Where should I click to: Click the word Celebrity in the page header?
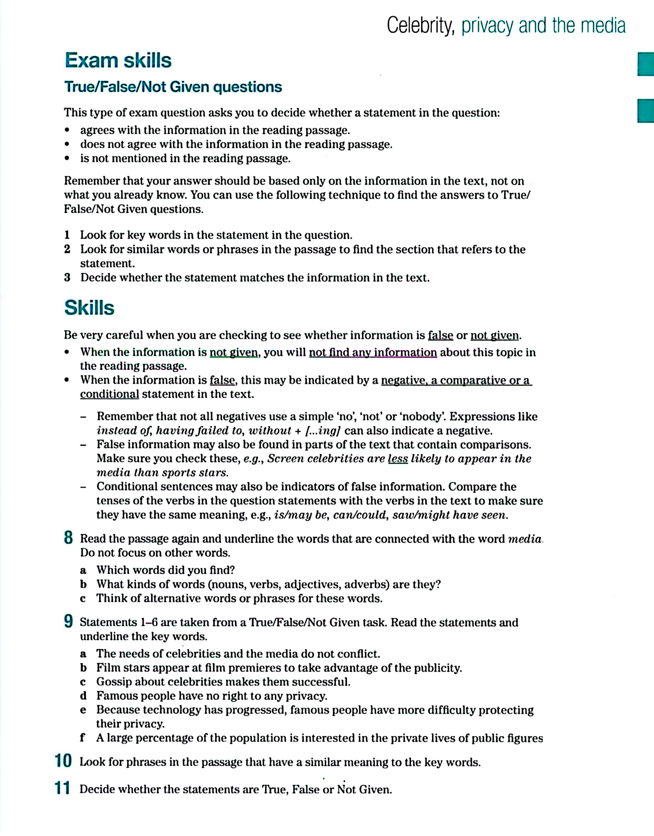pos(420,26)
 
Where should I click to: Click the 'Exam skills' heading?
pos(118,60)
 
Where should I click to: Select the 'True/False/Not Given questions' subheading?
pos(173,87)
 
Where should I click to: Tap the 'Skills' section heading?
pos(89,307)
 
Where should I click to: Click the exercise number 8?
pos(68,538)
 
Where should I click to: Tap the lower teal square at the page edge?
pos(646,111)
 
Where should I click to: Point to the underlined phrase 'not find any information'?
pos(373,352)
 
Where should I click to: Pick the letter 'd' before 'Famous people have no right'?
pos(83,696)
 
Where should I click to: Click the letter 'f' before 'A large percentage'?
pos(82,738)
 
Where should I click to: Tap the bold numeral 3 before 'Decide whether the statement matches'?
pos(67,278)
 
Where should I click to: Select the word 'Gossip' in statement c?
pos(114,681)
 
